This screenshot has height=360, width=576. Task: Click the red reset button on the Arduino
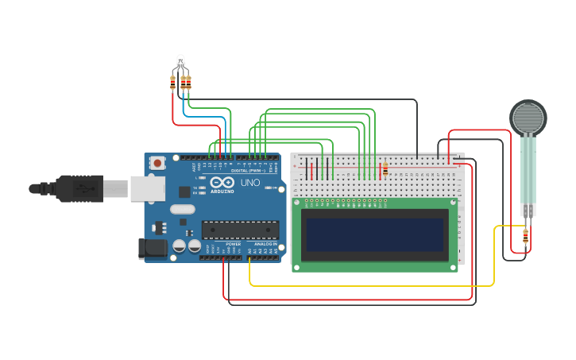point(157,163)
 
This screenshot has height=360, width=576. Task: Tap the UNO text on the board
point(250,183)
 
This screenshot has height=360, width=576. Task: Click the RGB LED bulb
point(180,60)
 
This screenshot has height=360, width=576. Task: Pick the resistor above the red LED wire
point(173,79)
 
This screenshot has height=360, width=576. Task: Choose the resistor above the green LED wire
point(188,79)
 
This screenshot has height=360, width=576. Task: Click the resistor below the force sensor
point(525,235)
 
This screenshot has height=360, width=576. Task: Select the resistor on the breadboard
point(385,168)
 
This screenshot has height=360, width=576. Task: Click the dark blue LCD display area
point(374,234)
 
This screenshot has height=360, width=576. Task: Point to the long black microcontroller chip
point(240,230)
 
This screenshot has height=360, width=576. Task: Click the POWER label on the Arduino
point(233,245)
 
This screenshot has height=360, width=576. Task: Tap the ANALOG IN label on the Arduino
point(265,245)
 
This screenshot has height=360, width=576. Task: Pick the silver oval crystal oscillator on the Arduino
point(182,210)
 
